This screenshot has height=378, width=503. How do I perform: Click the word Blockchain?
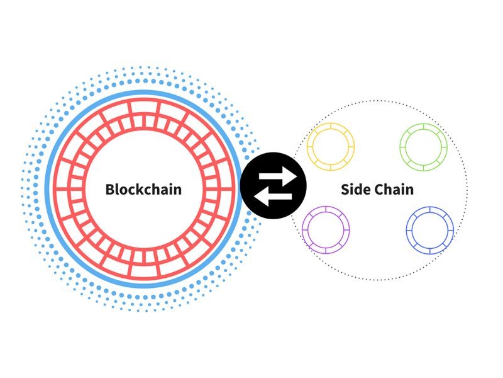coord(143,189)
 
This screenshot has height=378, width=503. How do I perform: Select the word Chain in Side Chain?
coord(395,189)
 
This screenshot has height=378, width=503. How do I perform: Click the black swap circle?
coord(274,187)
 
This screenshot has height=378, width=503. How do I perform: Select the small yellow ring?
coord(331,147)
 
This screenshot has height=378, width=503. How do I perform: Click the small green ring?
coord(424,147)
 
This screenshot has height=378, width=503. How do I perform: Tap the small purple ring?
coord(325,229)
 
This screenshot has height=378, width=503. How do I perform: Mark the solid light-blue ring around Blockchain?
coord(143,91)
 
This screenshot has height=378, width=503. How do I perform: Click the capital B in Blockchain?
coord(110,189)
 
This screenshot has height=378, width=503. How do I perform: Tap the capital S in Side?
coord(345,189)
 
